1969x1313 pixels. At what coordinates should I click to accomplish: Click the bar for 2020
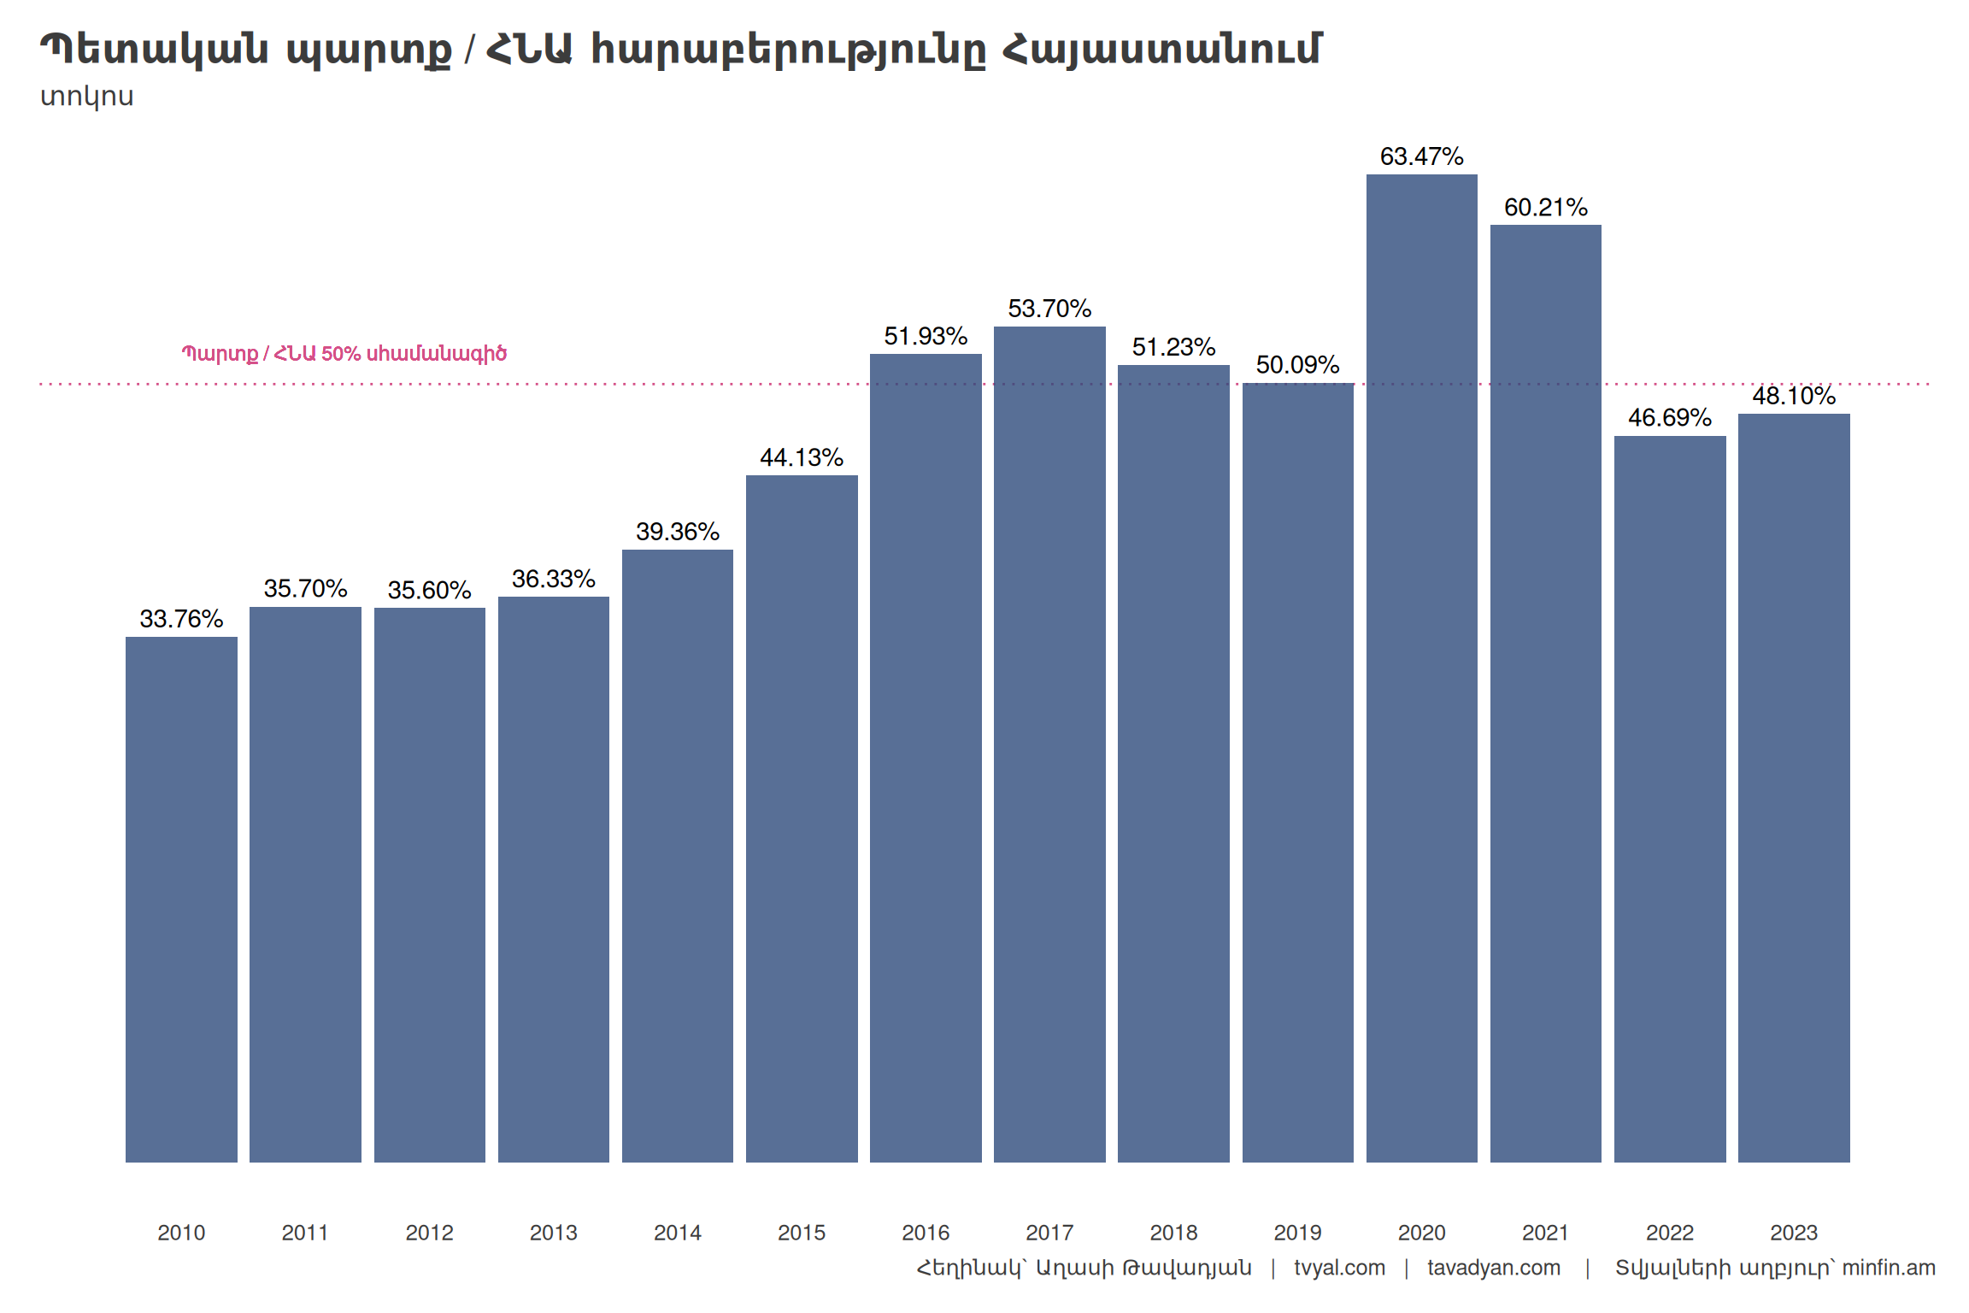(x=1421, y=667)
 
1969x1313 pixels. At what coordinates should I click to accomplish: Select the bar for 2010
(x=181, y=898)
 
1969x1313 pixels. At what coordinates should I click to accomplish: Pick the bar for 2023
(x=1794, y=786)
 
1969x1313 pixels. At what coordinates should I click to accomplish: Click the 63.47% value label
(x=1421, y=156)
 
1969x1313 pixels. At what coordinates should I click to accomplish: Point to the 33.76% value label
(x=181, y=618)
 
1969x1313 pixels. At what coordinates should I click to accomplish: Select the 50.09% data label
(x=1297, y=365)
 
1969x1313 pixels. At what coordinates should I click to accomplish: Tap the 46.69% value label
(x=1669, y=417)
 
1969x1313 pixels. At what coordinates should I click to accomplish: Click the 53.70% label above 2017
(x=1049, y=309)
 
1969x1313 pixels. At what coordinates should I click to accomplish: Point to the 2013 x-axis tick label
(x=553, y=1233)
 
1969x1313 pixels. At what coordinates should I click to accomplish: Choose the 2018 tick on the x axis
(x=1173, y=1233)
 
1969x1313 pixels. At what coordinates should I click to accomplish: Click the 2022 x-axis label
(x=1669, y=1233)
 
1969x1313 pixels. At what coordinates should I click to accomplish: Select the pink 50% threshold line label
(x=344, y=354)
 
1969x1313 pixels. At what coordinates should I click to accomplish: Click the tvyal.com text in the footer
(x=1339, y=1268)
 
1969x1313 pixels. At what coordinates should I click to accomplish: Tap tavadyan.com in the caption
(x=1493, y=1268)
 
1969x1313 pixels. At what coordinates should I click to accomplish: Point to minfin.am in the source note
(x=1888, y=1268)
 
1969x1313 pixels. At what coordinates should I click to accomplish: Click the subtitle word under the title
(x=87, y=97)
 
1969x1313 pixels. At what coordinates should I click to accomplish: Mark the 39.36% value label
(x=678, y=532)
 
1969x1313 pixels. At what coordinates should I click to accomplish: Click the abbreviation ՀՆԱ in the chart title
(x=528, y=50)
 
